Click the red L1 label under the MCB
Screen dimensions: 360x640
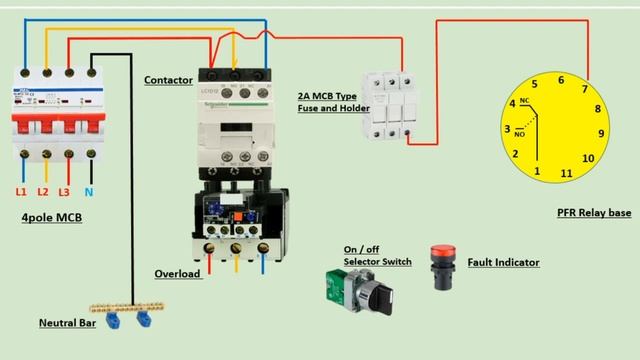[21, 190]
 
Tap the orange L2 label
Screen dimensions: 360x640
[43, 190]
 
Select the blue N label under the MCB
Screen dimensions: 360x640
[89, 190]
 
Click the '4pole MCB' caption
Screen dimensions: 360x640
[51, 217]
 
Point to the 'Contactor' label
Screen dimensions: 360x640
[168, 80]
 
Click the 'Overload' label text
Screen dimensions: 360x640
[177, 273]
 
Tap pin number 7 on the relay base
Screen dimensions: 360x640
[584, 89]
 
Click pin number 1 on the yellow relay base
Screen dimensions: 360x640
[537, 172]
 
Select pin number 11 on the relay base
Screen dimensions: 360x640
[566, 173]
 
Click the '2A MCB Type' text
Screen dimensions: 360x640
[327, 96]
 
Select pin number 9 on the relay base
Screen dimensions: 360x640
[601, 133]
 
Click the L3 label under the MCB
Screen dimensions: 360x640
[66, 190]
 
